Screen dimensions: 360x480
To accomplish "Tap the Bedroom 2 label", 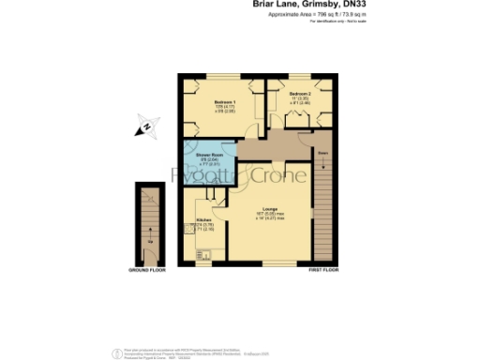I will click(300, 94).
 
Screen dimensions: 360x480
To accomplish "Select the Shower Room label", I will click(208, 154).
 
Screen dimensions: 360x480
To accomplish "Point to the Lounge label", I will click(268, 209).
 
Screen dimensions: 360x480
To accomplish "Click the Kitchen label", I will click(202, 220).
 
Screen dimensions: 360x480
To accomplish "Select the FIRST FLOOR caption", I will click(322, 270).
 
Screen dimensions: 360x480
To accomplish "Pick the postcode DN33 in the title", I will click(343, 5).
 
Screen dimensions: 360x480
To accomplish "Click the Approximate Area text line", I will click(305, 14).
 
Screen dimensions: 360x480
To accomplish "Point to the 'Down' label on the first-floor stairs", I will click(322, 151).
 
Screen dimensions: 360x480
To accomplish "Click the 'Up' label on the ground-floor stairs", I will click(149, 241).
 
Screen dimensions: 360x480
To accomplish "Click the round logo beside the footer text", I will click(117, 352).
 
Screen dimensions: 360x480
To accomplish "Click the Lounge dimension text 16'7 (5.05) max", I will click(268, 215).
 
